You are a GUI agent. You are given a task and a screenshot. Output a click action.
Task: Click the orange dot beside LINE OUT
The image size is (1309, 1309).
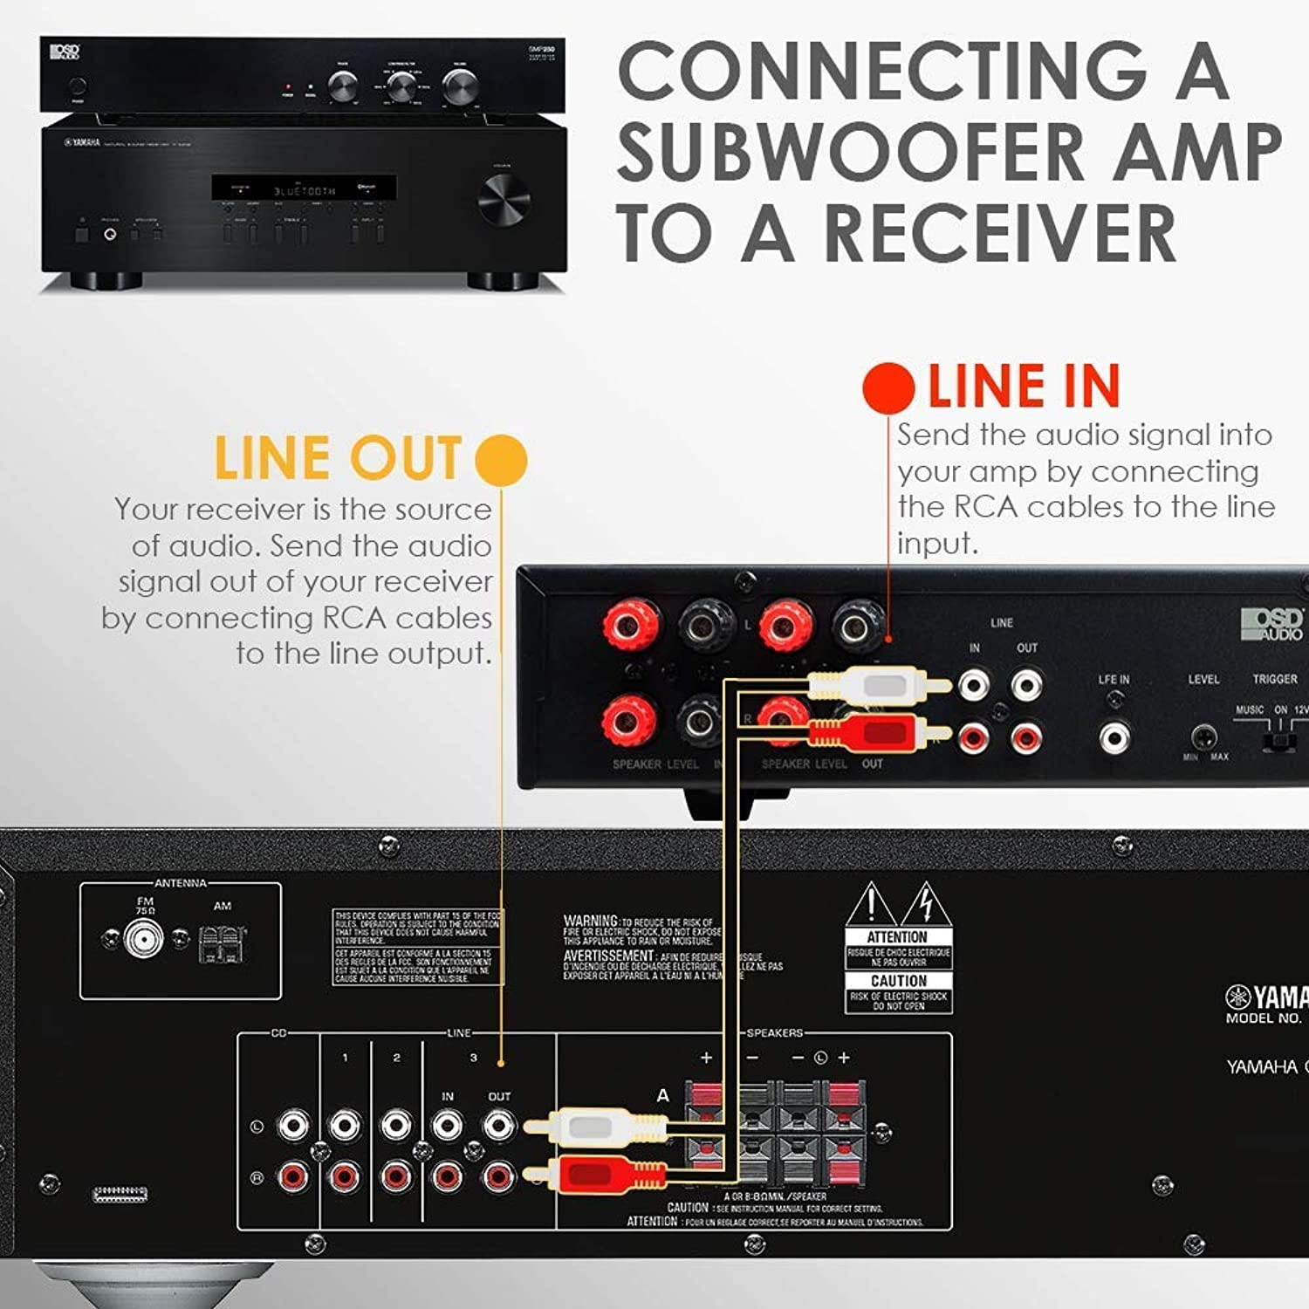coord(502,460)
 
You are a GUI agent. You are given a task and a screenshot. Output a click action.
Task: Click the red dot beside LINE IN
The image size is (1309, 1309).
coord(888,388)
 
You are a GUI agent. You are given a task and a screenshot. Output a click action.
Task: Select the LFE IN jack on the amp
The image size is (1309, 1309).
coord(1114,737)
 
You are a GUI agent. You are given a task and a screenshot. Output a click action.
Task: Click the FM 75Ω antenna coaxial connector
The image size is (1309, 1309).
coord(144,939)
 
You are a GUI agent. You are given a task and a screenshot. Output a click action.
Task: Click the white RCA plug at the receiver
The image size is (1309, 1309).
coord(602,1126)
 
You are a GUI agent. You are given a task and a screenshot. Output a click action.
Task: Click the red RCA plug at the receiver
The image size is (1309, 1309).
coord(602,1172)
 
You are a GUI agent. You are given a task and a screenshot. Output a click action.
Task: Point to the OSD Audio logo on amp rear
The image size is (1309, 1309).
coord(1271,624)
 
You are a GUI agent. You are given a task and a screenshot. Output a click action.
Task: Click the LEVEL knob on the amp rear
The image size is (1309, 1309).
coord(1204,737)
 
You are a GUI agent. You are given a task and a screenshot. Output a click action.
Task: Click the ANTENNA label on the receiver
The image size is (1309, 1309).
coord(181,883)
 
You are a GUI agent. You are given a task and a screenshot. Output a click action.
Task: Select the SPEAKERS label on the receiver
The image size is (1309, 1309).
coord(774,1032)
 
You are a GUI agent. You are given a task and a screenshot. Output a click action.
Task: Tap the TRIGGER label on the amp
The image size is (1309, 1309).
coord(1274,679)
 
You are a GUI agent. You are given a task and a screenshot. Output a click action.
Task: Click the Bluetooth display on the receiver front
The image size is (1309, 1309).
coord(304,188)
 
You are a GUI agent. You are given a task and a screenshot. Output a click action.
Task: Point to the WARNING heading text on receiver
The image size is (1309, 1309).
coord(591,921)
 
